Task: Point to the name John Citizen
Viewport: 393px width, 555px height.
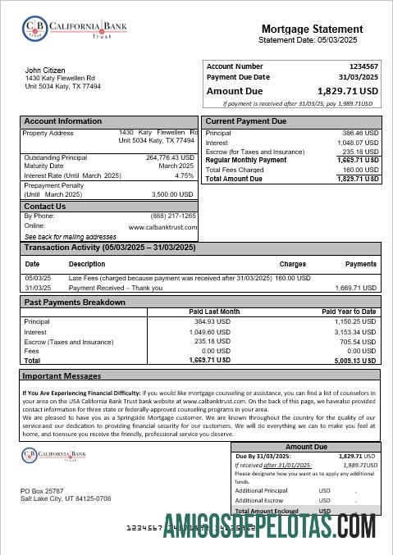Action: point(45,71)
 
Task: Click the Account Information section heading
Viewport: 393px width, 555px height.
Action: point(63,121)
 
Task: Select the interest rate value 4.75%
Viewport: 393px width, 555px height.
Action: point(184,175)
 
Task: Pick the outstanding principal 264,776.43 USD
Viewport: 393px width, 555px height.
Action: point(170,157)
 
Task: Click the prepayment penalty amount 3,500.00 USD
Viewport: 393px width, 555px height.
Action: point(172,194)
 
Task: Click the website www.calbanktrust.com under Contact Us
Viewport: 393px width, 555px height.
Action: point(162,226)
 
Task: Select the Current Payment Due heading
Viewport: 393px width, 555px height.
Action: point(246,121)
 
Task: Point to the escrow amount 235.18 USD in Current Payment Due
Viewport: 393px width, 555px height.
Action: point(360,151)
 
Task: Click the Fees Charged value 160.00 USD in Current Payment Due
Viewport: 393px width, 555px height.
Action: point(360,170)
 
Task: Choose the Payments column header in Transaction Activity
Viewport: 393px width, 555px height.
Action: point(360,265)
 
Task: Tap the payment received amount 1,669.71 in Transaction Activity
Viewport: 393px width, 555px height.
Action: point(356,288)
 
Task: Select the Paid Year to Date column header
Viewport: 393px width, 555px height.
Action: point(348,312)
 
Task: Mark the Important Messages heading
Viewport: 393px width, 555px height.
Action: point(62,376)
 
